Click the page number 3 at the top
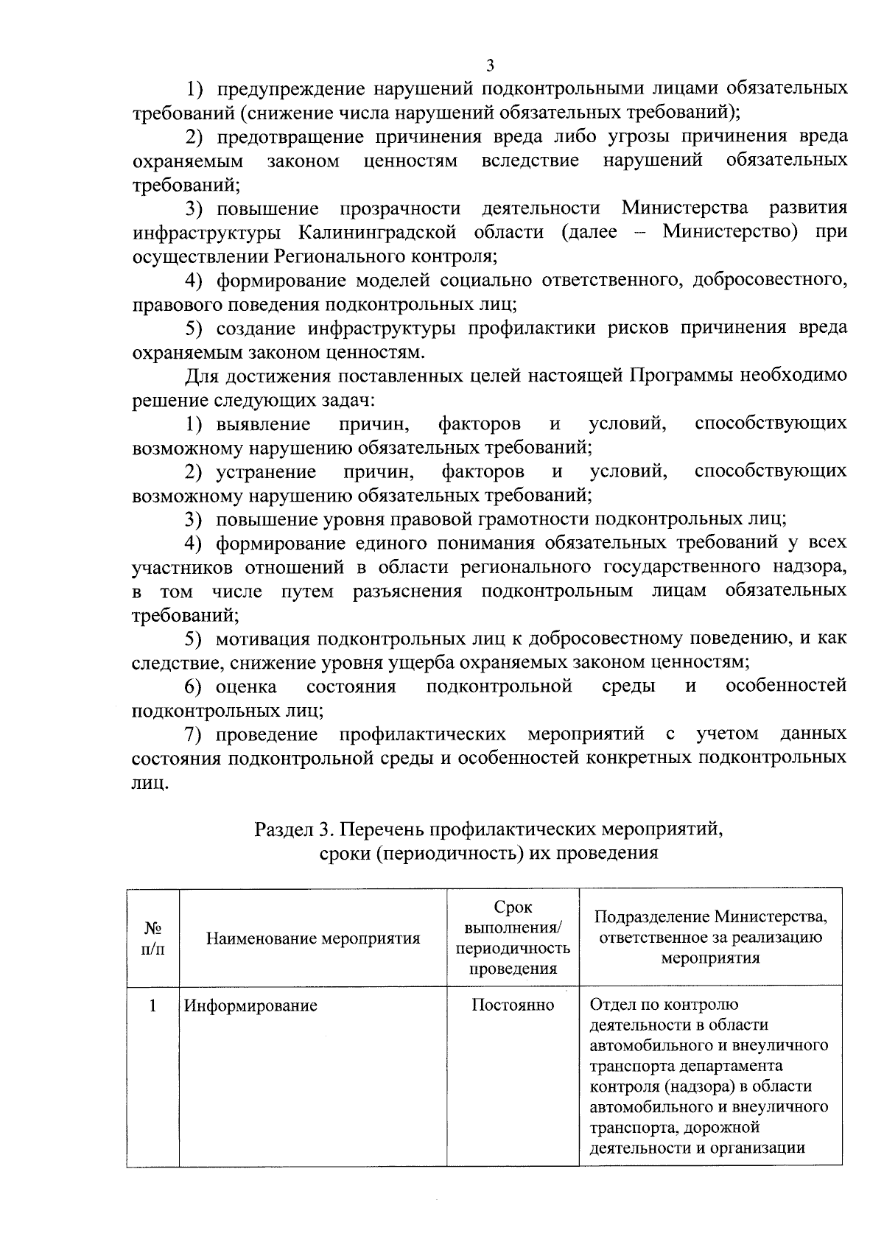(490, 66)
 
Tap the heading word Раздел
(284, 829)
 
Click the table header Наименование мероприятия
(313, 938)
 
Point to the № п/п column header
(152, 938)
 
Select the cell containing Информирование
(250, 1005)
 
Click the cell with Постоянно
(513, 1005)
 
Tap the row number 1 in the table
(152, 1005)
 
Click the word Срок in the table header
(513, 907)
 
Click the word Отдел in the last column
(608, 1005)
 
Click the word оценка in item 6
(246, 687)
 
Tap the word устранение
(266, 471)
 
